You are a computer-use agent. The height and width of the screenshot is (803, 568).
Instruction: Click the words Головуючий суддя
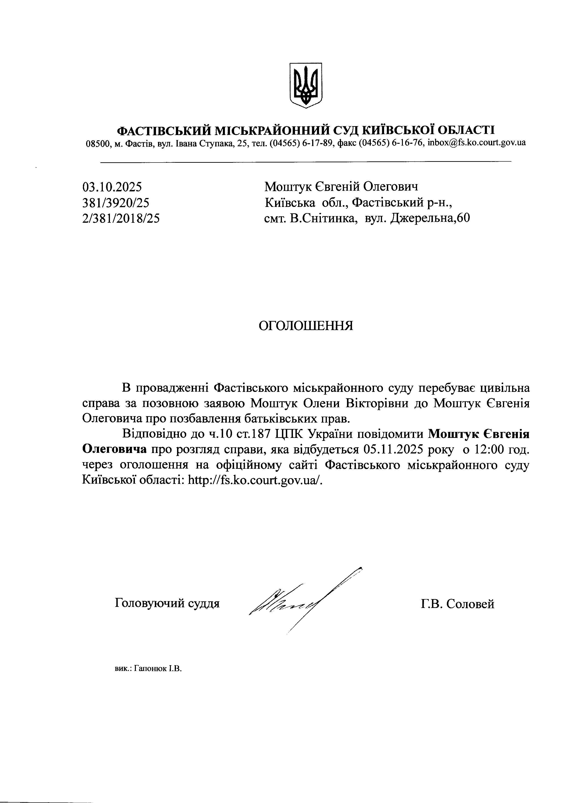click(x=167, y=603)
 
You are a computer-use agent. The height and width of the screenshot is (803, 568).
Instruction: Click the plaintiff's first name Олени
click(x=322, y=403)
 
